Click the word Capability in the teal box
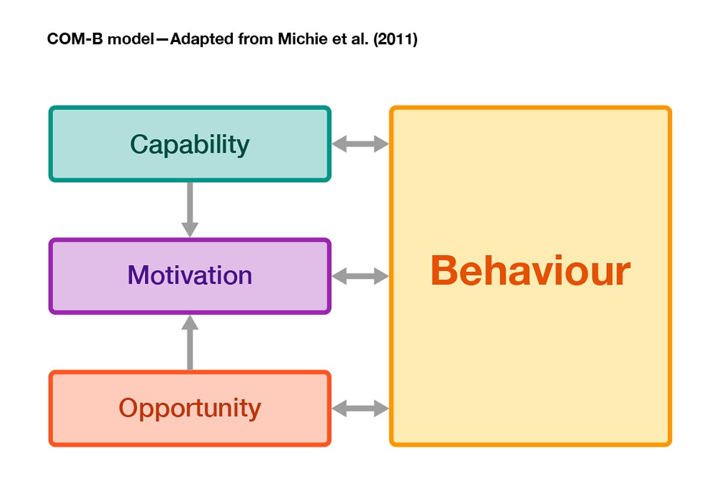click(x=190, y=145)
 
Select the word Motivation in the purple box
click(x=190, y=275)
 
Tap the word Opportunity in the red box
click(x=190, y=409)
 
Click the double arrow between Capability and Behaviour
click(x=360, y=144)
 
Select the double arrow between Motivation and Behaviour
click(x=360, y=276)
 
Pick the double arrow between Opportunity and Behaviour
click(x=360, y=409)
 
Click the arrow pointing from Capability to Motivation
click(x=190, y=209)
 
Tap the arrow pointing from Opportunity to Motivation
click(x=190, y=343)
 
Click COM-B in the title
click(x=75, y=39)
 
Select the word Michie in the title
click(x=302, y=39)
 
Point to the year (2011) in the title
click(x=395, y=39)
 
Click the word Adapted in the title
click(x=202, y=40)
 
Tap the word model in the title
click(x=131, y=39)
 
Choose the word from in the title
click(x=256, y=39)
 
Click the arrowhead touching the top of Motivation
click(x=190, y=230)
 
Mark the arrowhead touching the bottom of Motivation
click(x=190, y=322)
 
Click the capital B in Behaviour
click(x=443, y=270)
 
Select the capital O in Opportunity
click(x=128, y=407)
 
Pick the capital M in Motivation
click(x=138, y=275)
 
